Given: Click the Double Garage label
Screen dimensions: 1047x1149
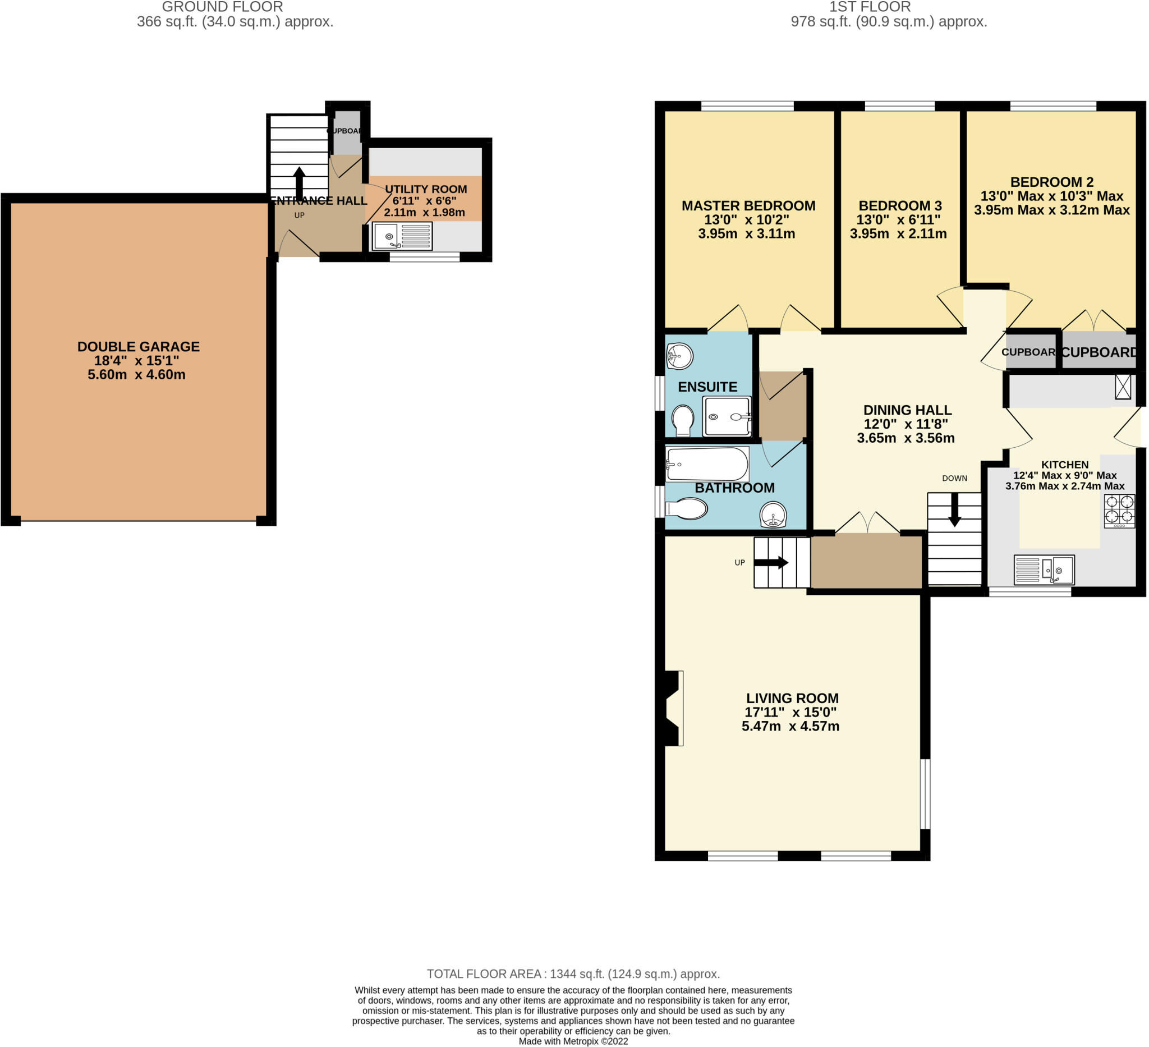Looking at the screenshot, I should (x=139, y=347).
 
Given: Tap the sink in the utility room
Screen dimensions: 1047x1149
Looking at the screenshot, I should (x=402, y=236).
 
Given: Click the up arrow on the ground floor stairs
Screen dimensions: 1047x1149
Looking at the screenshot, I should (x=299, y=183).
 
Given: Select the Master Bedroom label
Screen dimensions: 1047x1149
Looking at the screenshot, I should (x=748, y=206).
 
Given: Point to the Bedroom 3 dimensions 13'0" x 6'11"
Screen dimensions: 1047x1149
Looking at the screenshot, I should (x=898, y=219).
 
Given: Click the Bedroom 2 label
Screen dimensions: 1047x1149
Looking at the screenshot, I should (x=1051, y=182).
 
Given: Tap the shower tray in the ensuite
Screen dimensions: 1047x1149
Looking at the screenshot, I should (x=727, y=417).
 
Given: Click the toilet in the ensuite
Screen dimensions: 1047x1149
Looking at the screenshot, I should (x=683, y=420).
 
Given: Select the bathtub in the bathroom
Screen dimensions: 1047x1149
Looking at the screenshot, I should (x=707, y=465).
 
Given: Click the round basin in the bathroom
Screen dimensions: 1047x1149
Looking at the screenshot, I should (x=774, y=515).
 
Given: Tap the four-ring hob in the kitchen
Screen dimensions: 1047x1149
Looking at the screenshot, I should (x=1119, y=511).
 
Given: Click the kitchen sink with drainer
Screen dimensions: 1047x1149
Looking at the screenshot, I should (x=1044, y=570).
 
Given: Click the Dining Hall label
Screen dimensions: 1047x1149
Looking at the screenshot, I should (x=907, y=410).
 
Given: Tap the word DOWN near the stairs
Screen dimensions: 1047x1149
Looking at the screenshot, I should (x=955, y=478).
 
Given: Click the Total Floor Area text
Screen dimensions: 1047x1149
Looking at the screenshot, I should (x=573, y=974).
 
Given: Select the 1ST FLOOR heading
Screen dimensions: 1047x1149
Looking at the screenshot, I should (x=870, y=7).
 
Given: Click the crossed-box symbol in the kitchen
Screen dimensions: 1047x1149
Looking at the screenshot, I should (x=1122, y=387).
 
